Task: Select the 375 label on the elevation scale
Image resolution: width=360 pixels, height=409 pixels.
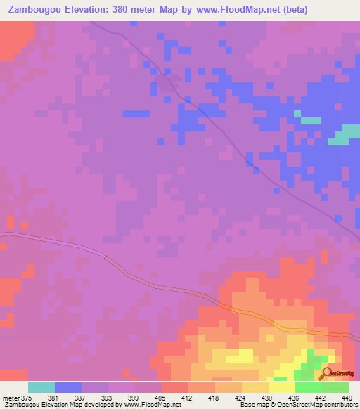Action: [27, 396]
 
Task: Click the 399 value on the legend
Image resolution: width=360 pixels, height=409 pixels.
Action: [138, 396]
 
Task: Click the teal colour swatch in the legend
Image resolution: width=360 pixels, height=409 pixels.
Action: [41, 387]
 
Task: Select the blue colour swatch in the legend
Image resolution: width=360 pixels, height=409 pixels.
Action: [68, 387]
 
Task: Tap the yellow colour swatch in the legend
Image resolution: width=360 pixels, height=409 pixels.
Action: [282, 387]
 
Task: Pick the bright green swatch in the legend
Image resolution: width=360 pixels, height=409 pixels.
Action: [309, 387]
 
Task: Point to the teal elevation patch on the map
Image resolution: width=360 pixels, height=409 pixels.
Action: [342, 134]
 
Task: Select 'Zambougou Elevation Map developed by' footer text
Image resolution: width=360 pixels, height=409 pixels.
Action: [49, 405]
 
